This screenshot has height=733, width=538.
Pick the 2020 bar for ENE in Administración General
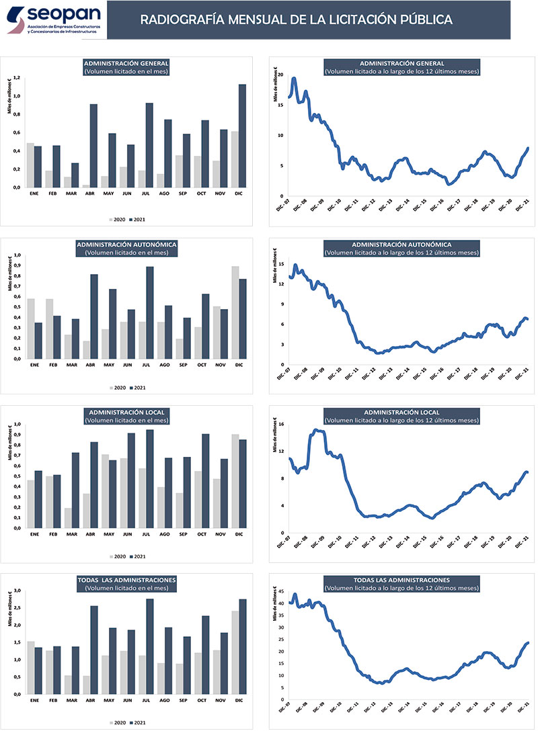[x=30, y=165]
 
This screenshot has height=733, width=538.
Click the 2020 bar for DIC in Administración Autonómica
[x=235, y=312]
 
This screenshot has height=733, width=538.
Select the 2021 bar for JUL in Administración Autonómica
[x=150, y=312]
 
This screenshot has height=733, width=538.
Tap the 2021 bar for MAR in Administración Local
[x=75, y=490]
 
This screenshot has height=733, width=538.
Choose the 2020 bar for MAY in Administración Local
[x=104, y=491]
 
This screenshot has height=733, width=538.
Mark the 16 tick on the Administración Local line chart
[x=282, y=425]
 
